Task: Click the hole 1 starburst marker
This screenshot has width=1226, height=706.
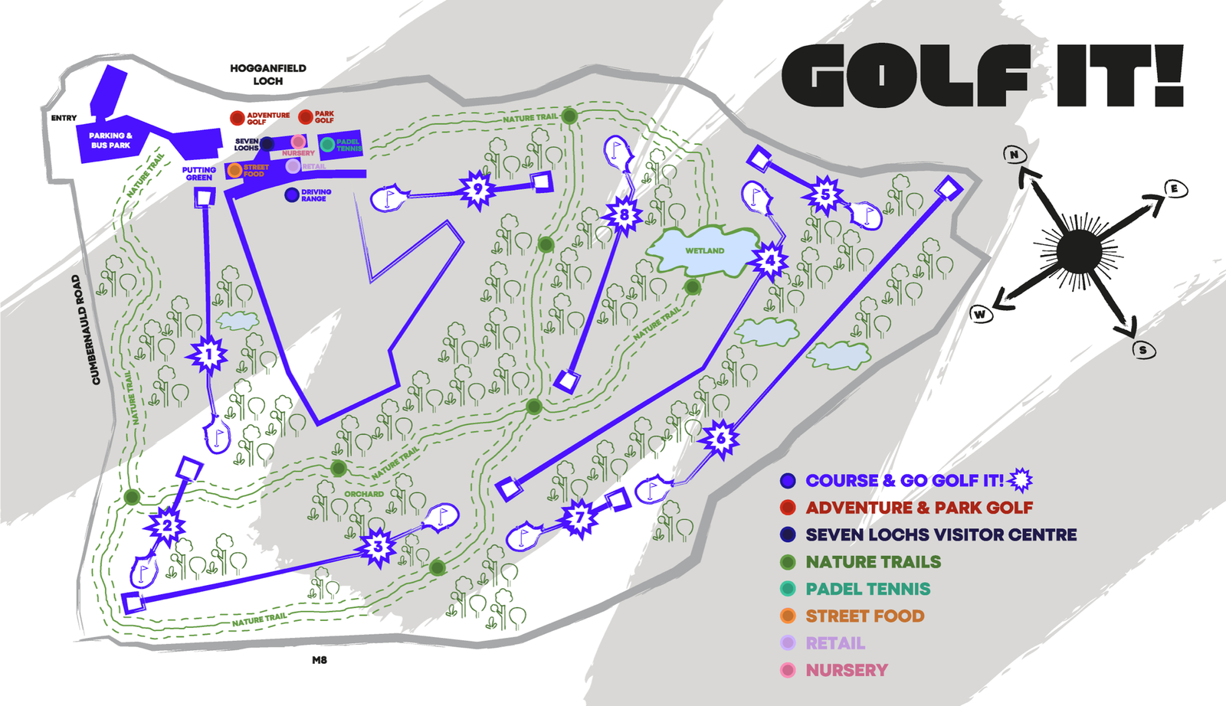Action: pyautogui.click(x=208, y=355)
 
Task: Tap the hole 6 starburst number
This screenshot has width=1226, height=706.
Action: pyautogui.click(x=720, y=439)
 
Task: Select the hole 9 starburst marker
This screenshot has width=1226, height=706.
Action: pyautogui.click(x=478, y=189)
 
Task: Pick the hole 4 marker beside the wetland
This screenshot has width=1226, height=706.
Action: pyautogui.click(x=769, y=261)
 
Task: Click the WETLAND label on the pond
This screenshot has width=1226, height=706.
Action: pyautogui.click(x=704, y=250)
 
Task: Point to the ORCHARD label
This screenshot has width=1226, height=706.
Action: pyautogui.click(x=364, y=494)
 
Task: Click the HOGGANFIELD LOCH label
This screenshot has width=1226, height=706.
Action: pyautogui.click(x=268, y=74)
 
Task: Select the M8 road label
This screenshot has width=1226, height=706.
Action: pyautogui.click(x=320, y=660)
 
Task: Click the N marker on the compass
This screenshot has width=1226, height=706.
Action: pyautogui.click(x=1015, y=155)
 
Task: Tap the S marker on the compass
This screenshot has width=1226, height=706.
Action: pyautogui.click(x=1142, y=350)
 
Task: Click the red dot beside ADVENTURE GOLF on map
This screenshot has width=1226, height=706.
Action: pyautogui.click(x=238, y=118)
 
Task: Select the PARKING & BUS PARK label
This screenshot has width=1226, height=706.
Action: pyautogui.click(x=110, y=140)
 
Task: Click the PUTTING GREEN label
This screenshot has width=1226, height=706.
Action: pyautogui.click(x=199, y=174)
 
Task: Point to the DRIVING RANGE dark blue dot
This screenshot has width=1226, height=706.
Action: pyautogui.click(x=292, y=195)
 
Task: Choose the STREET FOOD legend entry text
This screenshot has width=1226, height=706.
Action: pyautogui.click(x=864, y=616)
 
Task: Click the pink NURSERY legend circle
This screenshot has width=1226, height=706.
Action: pyautogui.click(x=788, y=670)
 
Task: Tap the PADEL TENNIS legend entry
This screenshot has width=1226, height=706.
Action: pyautogui.click(x=867, y=589)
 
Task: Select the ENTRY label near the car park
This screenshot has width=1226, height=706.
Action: pyautogui.click(x=64, y=118)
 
